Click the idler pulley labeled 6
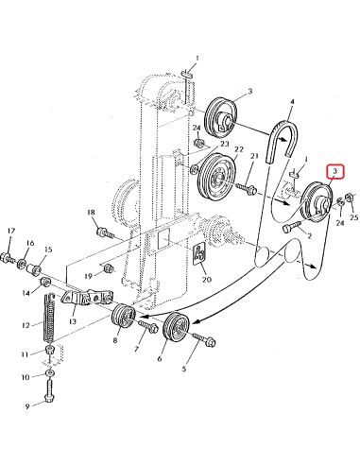pos(175,332)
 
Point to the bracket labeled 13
pos(79,299)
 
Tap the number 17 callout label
pos(10,232)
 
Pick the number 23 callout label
pos(225,145)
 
